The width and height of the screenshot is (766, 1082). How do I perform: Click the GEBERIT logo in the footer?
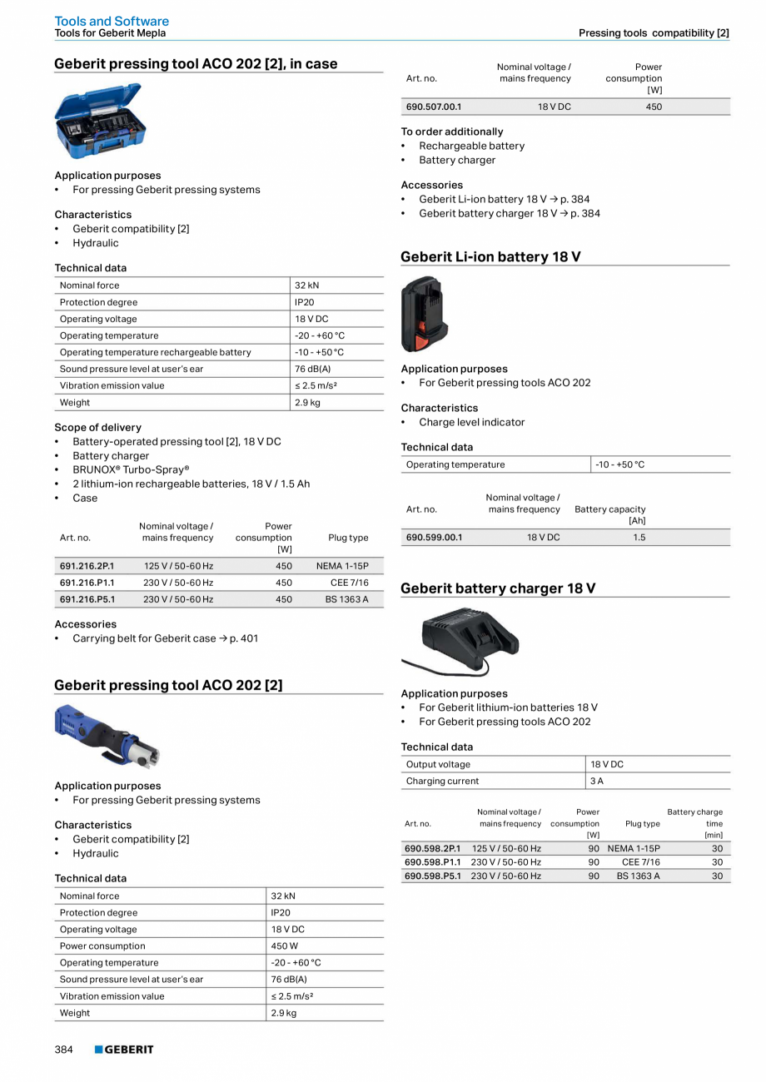[124, 1050]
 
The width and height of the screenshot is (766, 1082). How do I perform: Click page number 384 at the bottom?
[64, 1050]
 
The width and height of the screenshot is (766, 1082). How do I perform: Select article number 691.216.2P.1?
[87, 566]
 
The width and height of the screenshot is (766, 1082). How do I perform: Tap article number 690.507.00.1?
[433, 107]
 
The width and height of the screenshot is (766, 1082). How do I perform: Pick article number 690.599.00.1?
[433, 538]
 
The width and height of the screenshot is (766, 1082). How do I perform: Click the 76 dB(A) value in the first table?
[313, 369]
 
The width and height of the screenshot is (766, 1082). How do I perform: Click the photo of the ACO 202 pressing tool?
[107, 735]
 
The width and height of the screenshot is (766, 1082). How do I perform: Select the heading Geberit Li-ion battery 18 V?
[490, 256]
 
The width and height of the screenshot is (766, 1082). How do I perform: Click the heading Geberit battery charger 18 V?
[498, 588]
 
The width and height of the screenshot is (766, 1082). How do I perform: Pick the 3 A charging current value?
[597, 781]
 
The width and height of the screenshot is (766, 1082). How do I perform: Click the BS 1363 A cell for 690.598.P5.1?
[638, 876]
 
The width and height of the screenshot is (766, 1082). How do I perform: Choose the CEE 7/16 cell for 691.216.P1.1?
[350, 583]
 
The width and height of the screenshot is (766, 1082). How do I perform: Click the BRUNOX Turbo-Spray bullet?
[131, 469]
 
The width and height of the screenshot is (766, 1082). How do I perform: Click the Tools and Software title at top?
[112, 21]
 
